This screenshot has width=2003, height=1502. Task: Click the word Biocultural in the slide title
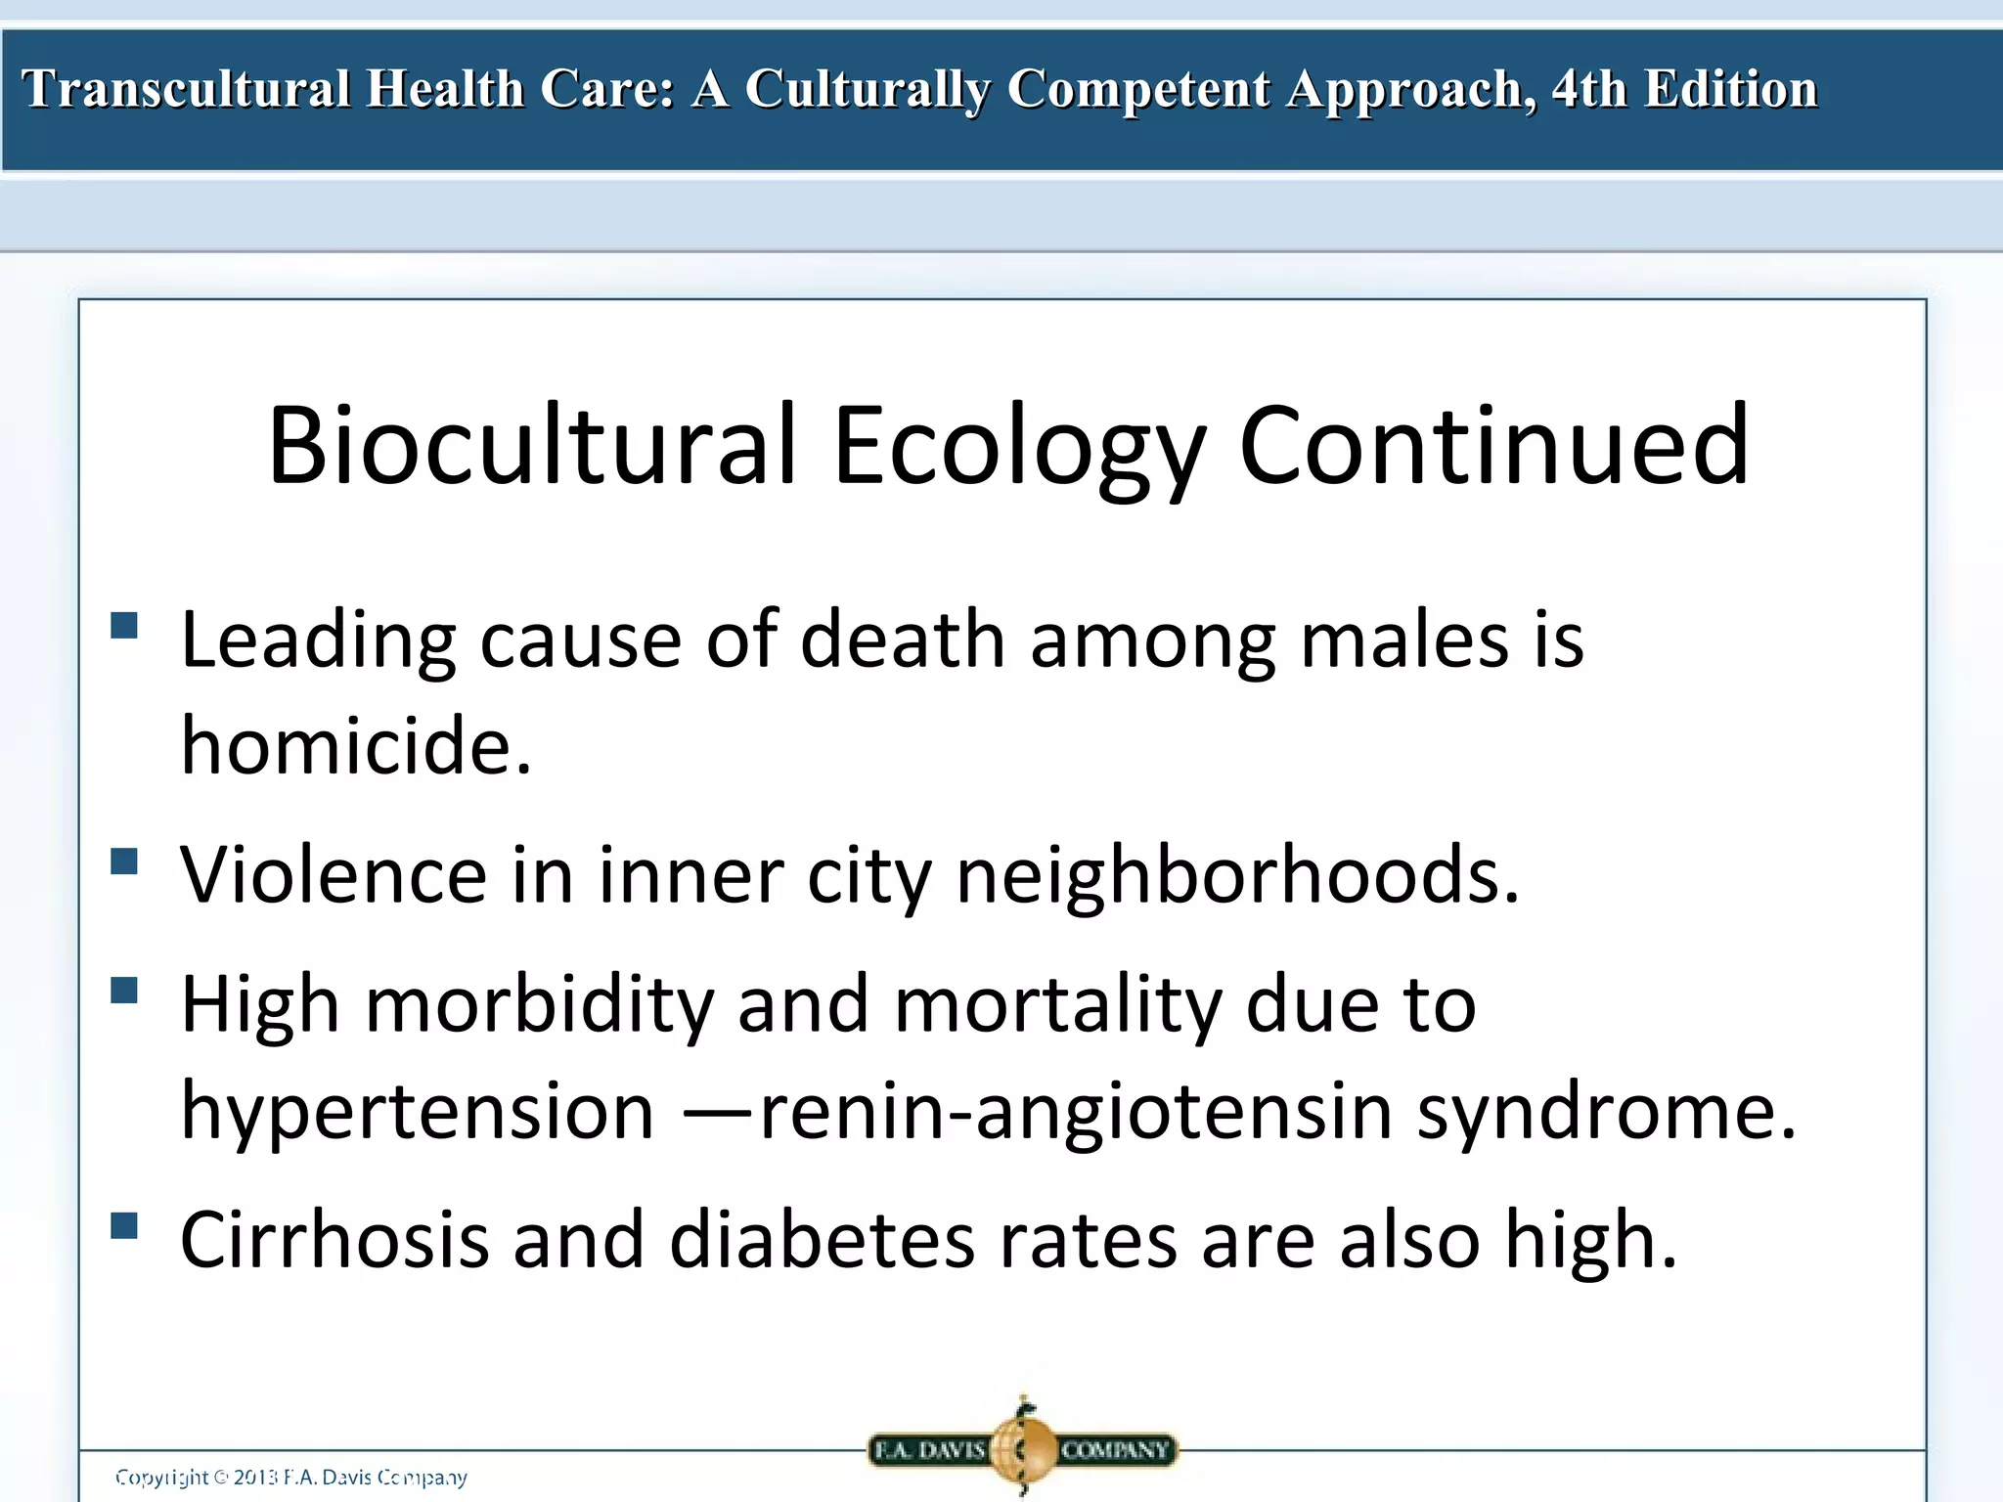point(531,445)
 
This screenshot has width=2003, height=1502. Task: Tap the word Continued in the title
point(1493,445)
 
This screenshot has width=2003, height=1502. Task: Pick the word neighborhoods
point(1237,875)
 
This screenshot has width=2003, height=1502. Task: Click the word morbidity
point(540,1005)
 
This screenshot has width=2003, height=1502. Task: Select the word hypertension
point(418,1113)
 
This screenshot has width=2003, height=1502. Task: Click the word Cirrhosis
point(334,1239)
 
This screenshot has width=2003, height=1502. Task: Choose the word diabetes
point(823,1239)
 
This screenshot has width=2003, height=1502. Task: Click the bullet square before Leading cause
point(124,625)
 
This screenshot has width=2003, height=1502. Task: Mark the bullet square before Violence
point(124,861)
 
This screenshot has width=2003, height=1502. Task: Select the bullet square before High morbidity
point(124,991)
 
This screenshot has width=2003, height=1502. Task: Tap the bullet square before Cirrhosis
point(124,1225)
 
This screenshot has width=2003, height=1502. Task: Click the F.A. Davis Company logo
point(1022,1448)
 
